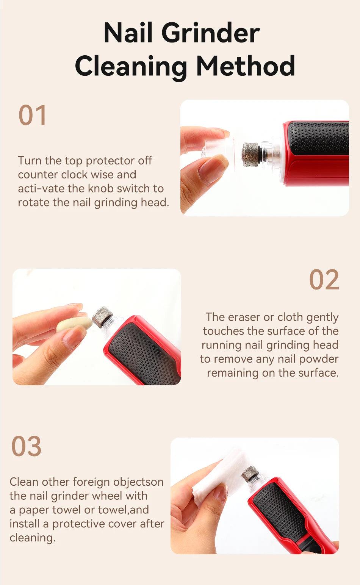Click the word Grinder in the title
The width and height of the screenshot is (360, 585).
pos(211,33)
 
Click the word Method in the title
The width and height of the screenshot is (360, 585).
pos(246,66)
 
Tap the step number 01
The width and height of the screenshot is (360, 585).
pos(33,116)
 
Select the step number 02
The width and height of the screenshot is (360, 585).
pos(324,280)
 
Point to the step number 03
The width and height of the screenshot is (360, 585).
pos(26,446)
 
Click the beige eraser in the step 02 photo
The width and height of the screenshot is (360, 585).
pos(74,324)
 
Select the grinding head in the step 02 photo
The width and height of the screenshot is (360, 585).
pos(102,317)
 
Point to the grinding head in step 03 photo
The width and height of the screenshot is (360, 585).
pos(250,474)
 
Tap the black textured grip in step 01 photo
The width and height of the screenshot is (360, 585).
pos(318,138)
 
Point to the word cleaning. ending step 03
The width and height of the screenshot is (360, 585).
pos(32,538)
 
